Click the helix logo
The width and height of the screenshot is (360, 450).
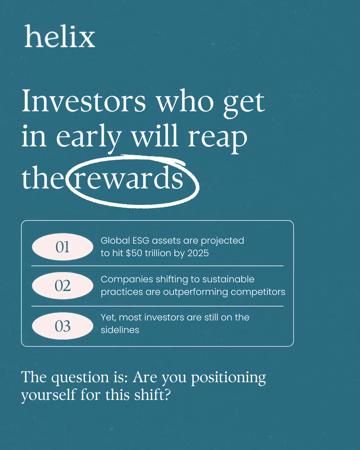(60, 36)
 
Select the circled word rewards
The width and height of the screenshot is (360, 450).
(128, 178)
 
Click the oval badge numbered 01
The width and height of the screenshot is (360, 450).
(62, 247)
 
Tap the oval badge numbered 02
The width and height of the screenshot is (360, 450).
(62, 286)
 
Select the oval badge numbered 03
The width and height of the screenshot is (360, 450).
(62, 326)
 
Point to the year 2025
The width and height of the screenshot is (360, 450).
(198, 253)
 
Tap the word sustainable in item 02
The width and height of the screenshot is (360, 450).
(228, 279)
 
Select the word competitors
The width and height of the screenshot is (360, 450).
(258, 292)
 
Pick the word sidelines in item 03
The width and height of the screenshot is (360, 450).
(120, 330)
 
